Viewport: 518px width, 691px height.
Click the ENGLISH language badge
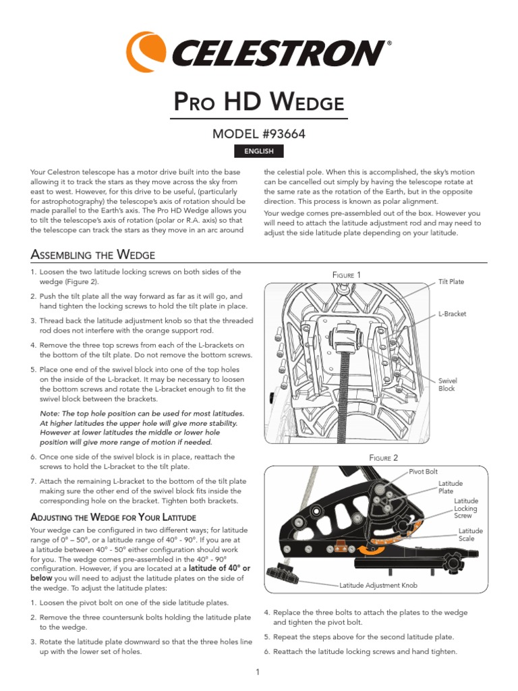(259, 151)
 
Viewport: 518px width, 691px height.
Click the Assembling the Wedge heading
(93, 254)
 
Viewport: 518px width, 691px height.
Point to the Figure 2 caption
(383, 458)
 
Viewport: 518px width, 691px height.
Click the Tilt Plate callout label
(451, 281)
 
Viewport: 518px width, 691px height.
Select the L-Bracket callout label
(452, 314)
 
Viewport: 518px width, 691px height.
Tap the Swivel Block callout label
(447, 385)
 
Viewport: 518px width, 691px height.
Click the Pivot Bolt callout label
(424, 472)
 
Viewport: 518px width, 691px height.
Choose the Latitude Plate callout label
(451, 488)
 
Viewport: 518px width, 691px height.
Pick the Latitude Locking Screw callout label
(466, 508)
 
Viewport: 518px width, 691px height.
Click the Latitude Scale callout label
(471, 534)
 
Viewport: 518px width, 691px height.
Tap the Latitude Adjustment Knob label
(378, 586)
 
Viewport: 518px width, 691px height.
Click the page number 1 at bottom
(259, 671)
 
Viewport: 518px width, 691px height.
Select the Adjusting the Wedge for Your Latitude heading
(113, 517)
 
